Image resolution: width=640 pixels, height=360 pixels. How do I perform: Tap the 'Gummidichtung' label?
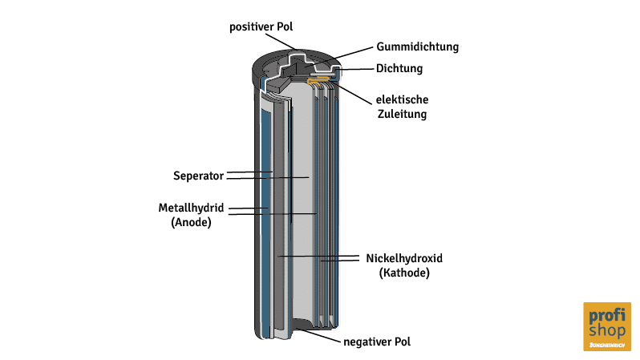(x=417, y=47)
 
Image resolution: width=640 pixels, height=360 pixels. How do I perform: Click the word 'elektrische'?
(x=402, y=100)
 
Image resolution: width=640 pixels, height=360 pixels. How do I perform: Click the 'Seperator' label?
(x=197, y=176)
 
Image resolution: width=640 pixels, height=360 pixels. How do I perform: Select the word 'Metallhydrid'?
(x=190, y=208)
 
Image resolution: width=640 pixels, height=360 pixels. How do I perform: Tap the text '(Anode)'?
(x=191, y=223)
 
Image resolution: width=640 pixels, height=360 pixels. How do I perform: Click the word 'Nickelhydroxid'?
(x=404, y=258)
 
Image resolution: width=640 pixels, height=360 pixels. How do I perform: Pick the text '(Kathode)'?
(x=404, y=273)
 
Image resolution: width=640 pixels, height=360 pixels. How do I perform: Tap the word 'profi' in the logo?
(x=606, y=315)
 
